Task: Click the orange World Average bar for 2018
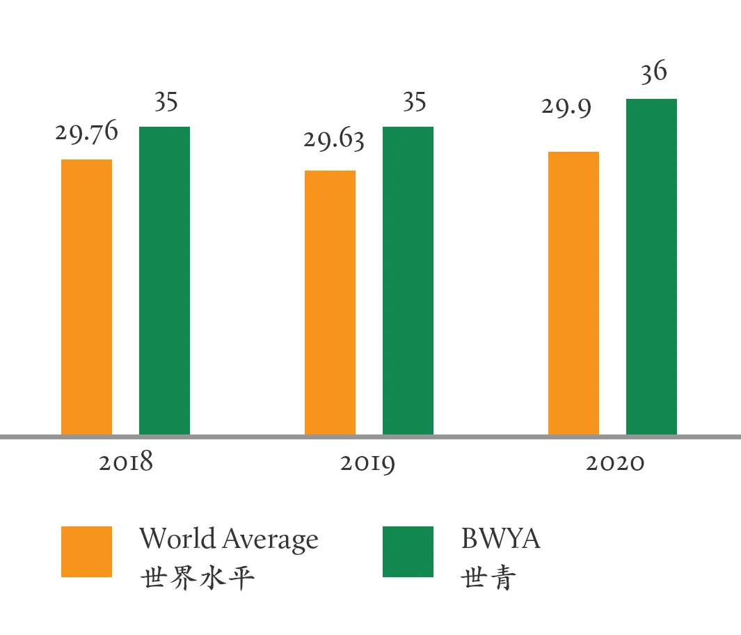pos(86,297)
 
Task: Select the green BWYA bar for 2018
pos(164,281)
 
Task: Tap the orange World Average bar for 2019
pos(330,303)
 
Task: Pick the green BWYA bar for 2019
pos(408,281)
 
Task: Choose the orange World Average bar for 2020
pos(573,293)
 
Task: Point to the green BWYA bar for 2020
pos(651,267)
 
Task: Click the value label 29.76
pos(86,132)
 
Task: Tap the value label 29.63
pos(333,140)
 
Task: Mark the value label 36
pos(653,72)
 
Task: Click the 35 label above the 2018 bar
pos(166,102)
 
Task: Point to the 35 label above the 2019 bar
pos(414,102)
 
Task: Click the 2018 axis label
pos(125,463)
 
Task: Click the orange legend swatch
pos(86,551)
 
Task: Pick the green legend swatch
pos(408,551)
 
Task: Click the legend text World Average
pos(228,539)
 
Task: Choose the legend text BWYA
pos(500,539)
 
